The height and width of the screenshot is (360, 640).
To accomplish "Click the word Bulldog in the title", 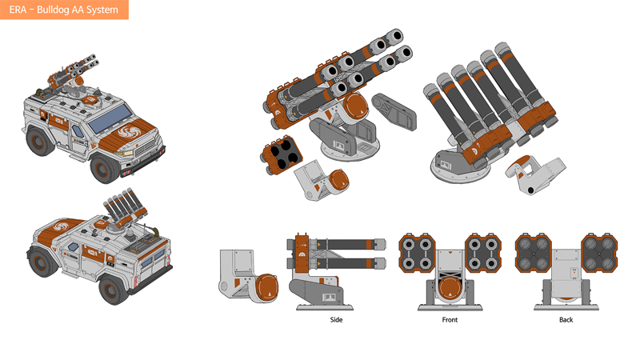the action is click(x=54, y=10).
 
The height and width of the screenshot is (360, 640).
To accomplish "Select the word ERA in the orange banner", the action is click(x=18, y=10).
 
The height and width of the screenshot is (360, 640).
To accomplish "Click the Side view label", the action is click(x=336, y=319).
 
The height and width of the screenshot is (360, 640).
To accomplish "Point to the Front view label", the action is click(x=450, y=319).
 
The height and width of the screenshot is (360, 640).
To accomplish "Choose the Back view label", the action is click(x=566, y=319).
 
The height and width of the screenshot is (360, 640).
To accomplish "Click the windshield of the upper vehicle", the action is click(x=110, y=118).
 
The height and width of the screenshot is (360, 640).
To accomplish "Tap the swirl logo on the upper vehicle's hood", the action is click(x=130, y=132).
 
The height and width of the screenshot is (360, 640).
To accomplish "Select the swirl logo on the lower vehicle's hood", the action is click(x=61, y=226).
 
